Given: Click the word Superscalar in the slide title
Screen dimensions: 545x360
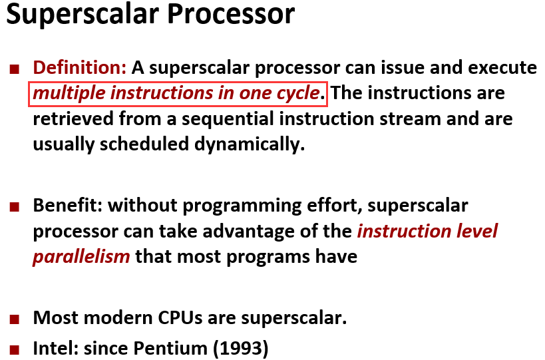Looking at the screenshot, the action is (x=83, y=15).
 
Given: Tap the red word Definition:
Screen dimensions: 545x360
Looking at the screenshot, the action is (x=80, y=67).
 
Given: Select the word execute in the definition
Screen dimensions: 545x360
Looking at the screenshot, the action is (x=502, y=67).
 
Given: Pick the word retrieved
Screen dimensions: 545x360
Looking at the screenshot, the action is (x=73, y=119).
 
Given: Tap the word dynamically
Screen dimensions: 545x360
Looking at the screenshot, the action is (x=250, y=144).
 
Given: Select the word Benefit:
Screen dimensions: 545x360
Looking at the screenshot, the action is (x=68, y=206).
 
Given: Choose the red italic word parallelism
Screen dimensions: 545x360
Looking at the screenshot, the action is (x=81, y=257).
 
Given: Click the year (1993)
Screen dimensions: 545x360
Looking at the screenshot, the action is (x=240, y=349).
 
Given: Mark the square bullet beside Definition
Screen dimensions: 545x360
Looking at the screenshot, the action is (x=15, y=69).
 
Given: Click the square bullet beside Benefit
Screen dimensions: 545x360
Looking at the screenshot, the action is (x=15, y=207).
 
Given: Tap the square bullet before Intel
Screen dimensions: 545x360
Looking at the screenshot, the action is (x=15, y=349).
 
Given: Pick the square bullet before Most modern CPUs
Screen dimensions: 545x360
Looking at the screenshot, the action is (x=15, y=319).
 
